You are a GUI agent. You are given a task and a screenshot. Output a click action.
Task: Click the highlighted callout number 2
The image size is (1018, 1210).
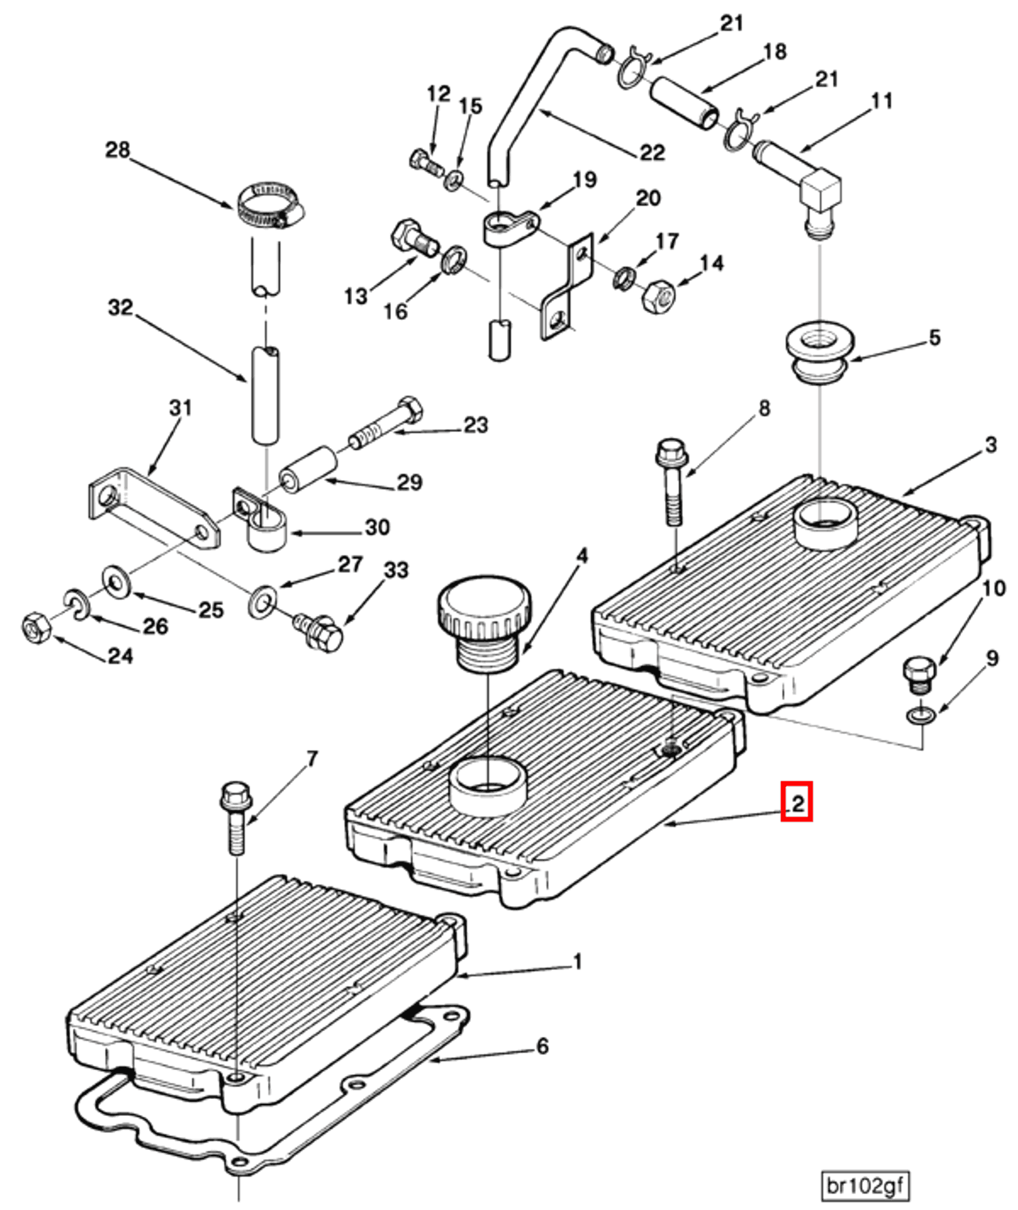click(796, 804)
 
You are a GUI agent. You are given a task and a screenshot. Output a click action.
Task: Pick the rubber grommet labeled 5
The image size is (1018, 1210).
click(820, 353)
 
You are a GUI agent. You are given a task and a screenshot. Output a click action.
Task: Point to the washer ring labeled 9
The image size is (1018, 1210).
click(921, 716)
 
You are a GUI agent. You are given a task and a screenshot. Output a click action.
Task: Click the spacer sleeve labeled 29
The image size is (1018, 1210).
click(308, 470)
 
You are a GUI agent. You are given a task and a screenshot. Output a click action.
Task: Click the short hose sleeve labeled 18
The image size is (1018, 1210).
click(685, 102)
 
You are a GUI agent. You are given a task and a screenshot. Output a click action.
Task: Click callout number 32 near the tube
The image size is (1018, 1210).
click(120, 308)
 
